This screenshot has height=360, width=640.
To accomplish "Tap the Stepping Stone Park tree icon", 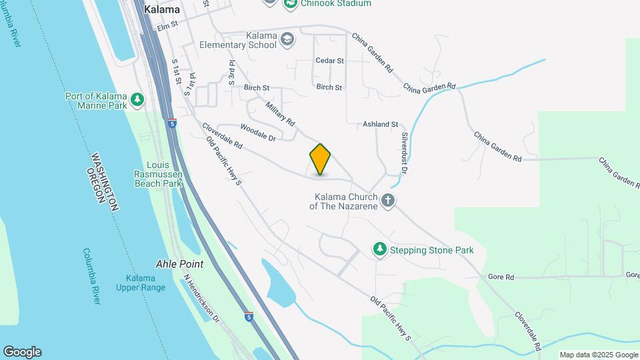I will pos(379,249).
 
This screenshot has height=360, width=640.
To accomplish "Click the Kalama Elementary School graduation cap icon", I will pos(287,39).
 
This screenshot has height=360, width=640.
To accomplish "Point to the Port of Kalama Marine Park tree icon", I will pos(137,100).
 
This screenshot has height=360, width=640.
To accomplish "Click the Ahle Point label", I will pos(179,264).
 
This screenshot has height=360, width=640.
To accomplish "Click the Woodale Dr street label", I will pos(258,133).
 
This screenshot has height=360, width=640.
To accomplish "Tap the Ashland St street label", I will pos(380,124).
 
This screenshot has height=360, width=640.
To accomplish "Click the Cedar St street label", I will pos(329,61).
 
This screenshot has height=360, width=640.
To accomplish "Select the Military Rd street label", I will pos(279,113).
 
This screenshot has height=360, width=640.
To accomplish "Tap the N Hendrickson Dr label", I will pos(201,298).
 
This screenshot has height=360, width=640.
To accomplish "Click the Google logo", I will pos(22,352).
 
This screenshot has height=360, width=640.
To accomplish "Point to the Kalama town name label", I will pos(161,11).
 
